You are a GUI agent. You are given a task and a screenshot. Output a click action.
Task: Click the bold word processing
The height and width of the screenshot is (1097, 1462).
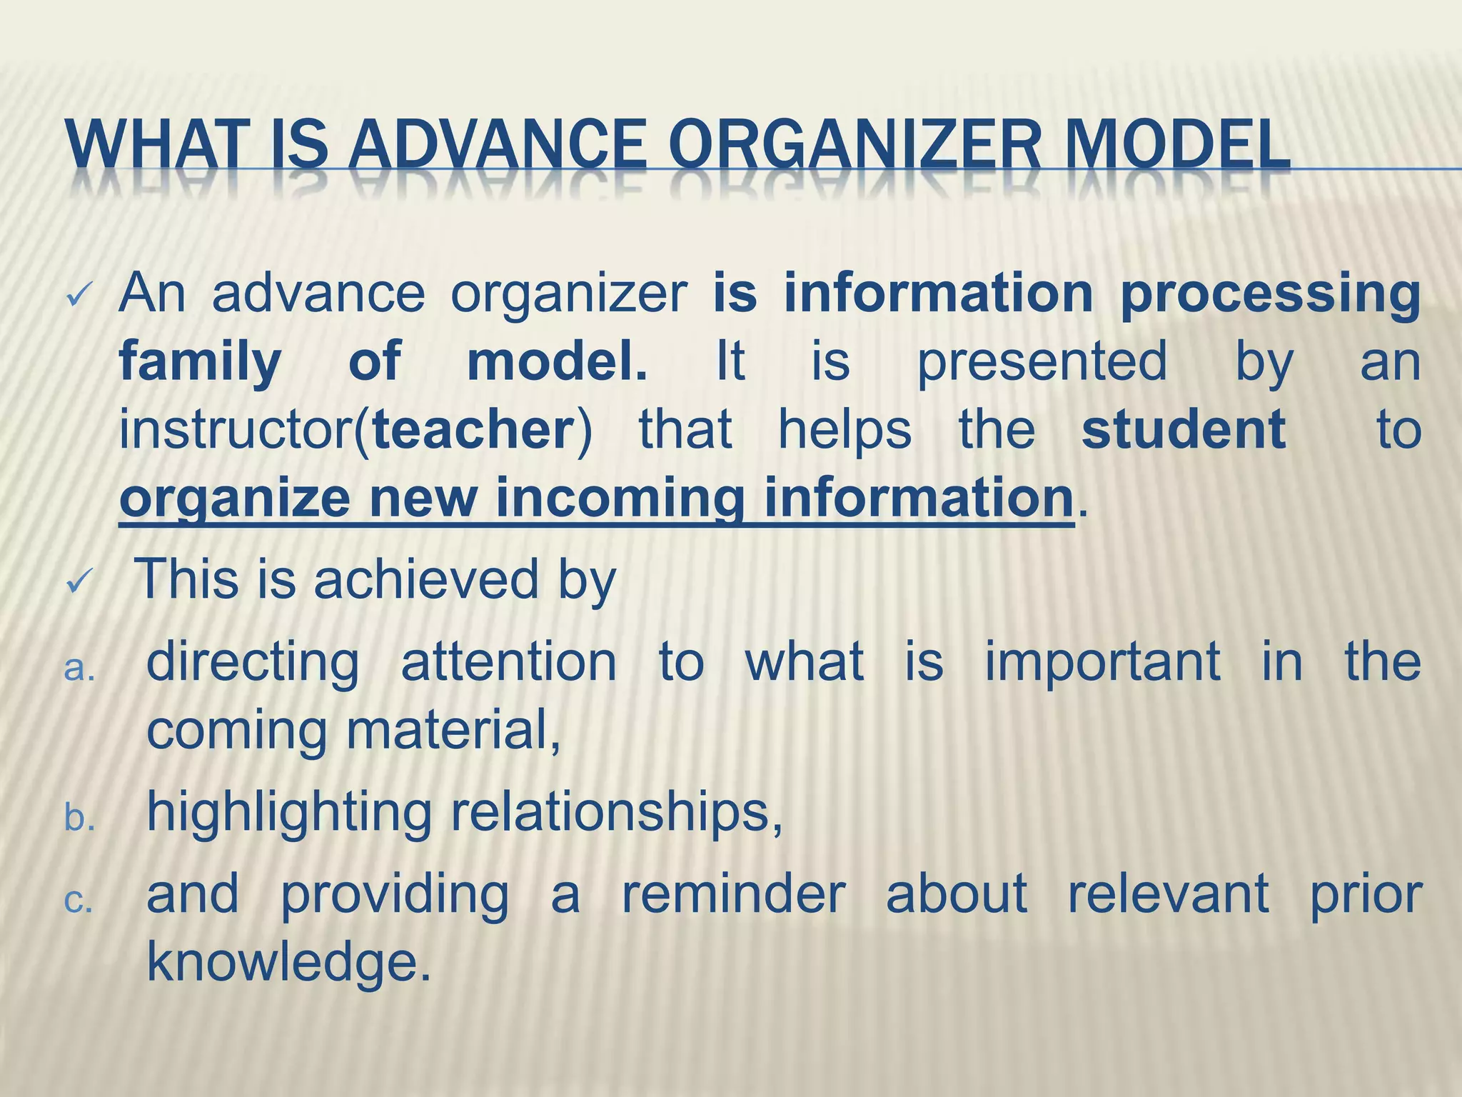1270,295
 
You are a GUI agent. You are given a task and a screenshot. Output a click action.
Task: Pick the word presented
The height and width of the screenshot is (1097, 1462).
1042,362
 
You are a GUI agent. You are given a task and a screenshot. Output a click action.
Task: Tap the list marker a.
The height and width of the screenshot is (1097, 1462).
79,669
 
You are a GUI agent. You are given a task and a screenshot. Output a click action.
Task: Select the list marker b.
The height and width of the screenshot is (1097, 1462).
79,818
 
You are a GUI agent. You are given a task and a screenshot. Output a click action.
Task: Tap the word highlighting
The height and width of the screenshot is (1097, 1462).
289,813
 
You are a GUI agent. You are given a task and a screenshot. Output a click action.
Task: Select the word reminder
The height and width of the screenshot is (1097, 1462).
733,893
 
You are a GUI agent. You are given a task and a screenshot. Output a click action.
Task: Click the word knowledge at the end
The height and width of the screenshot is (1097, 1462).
288,962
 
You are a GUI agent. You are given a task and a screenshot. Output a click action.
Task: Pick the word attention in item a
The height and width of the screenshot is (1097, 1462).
508,661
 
